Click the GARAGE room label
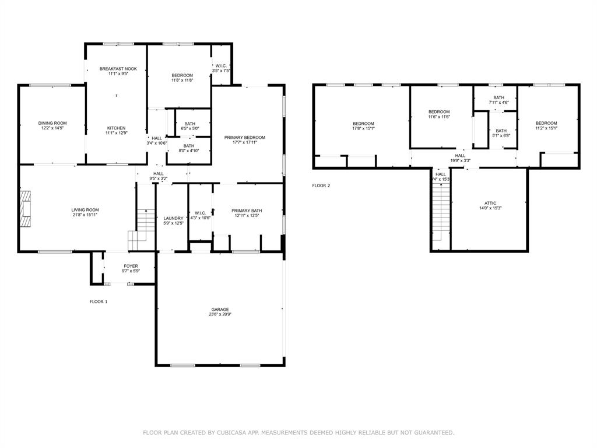click(x=220, y=309)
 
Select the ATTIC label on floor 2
click(x=490, y=203)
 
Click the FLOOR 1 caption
click(x=98, y=302)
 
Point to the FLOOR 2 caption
click(x=321, y=185)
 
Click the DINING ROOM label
click(x=52, y=123)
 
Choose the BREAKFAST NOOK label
click(x=118, y=68)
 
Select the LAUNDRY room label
click(x=173, y=218)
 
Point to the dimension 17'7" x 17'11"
click(x=245, y=142)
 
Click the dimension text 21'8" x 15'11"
click(x=85, y=215)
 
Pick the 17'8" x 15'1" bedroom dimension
click(x=363, y=128)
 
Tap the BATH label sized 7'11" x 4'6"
click(x=498, y=97)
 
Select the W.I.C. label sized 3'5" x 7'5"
click(x=221, y=65)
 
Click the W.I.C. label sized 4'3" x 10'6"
click(x=199, y=212)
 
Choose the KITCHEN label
click(x=116, y=128)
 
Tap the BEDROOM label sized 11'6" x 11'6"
click(x=439, y=111)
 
